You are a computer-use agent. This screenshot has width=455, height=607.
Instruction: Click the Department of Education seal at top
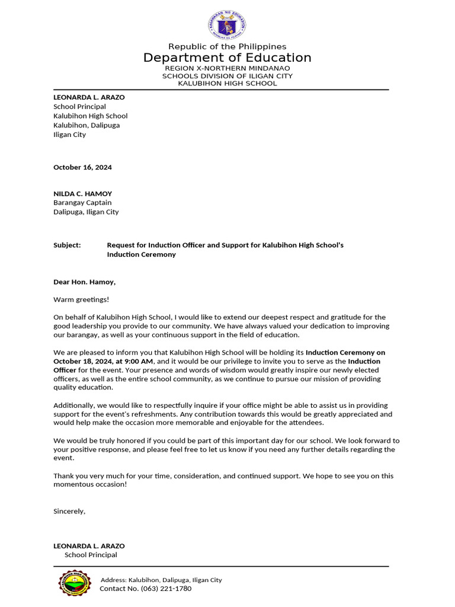pyautogui.click(x=227, y=25)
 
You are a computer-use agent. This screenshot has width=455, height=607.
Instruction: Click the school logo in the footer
pyautogui.click(x=75, y=583)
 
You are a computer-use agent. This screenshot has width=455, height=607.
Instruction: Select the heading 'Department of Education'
pyautogui.click(x=227, y=57)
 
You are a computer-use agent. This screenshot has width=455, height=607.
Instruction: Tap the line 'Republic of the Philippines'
pyautogui.click(x=227, y=46)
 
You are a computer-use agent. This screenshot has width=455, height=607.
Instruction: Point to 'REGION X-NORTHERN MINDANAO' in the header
pyautogui.click(x=227, y=69)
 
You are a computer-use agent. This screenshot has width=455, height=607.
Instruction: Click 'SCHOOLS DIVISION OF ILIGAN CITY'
pyautogui.click(x=227, y=76)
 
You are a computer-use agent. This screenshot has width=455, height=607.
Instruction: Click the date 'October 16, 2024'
pyautogui.click(x=82, y=167)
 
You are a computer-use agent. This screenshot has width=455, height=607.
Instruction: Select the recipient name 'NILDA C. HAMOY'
pyautogui.click(x=82, y=194)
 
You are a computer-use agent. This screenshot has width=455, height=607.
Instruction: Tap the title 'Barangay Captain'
pyautogui.click(x=82, y=203)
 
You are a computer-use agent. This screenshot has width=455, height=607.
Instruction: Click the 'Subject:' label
pyautogui.click(x=67, y=245)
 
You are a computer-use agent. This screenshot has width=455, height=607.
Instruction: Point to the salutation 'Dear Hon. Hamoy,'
pyautogui.click(x=84, y=282)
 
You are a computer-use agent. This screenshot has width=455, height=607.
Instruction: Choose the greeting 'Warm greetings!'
pyautogui.click(x=81, y=299)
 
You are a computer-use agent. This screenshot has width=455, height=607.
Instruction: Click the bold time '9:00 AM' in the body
pyautogui.click(x=139, y=361)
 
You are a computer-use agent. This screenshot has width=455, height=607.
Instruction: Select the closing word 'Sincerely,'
pyautogui.click(x=69, y=511)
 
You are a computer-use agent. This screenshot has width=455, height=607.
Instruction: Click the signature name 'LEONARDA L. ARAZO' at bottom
pyautogui.click(x=89, y=546)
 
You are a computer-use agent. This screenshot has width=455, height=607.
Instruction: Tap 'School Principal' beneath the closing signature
pyautogui.click(x=91, y=555)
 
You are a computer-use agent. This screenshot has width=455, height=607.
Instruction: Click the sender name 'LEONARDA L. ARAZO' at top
pyautogui.click(x=89, y=97)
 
